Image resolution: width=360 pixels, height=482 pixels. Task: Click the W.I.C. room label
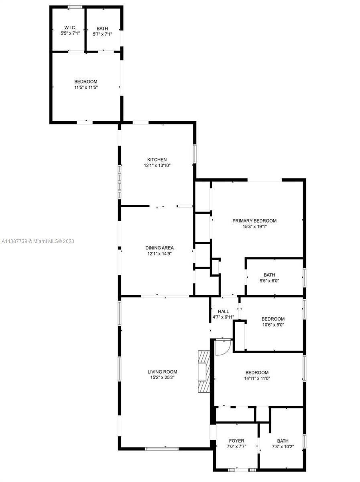(67, 28)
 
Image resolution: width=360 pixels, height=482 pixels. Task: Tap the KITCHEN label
(157, 159)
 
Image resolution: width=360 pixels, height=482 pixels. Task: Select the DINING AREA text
(159, 248)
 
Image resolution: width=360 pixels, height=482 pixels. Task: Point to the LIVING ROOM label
(162, 372)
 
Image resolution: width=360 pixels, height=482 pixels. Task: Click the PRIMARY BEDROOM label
(254, 221)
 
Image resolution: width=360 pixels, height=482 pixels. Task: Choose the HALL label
(223, 311)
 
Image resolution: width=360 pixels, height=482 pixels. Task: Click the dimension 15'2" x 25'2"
(162, 378)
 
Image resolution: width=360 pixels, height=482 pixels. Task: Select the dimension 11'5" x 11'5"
(86, 87)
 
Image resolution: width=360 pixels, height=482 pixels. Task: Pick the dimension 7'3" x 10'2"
(282, 447)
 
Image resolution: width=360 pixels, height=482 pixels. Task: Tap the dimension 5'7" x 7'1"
(102, 34)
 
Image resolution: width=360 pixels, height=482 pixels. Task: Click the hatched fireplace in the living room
(204, 371)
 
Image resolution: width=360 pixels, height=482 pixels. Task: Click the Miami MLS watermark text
(38, 241)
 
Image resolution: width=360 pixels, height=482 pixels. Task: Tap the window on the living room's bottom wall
(162, 448)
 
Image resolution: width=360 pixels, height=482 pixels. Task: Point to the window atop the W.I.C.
(75, 7)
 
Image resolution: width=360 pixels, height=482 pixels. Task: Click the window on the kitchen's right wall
(195, 153)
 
